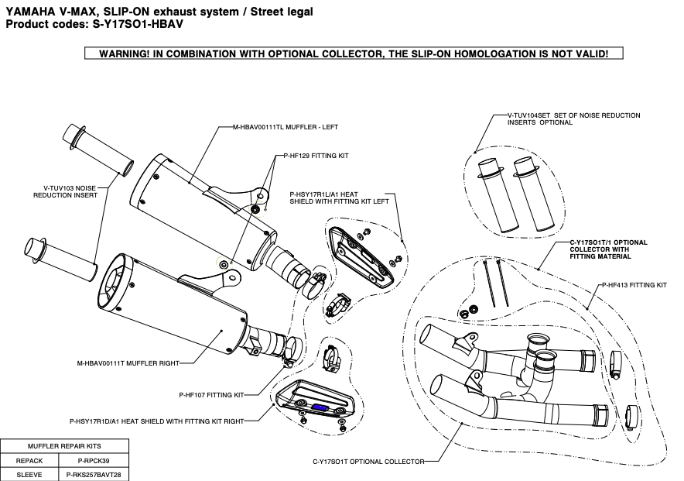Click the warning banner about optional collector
pyautogui.click(x=352, y=54)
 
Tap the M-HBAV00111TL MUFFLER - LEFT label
pyautogui.click(x=286, y=125)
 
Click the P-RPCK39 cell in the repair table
pyautogui.click(x=94, y=460)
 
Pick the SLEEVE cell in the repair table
pyautogui.click(x=29, y=473)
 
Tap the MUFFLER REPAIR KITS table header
pyautogui.click(x=63, y=446)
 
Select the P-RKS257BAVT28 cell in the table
pyautogui.click(x=94, y=473)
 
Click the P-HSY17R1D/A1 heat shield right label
pyautogui.click(x=156, y=421)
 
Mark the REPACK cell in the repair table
pyautogui.click(x=29, y=460)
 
